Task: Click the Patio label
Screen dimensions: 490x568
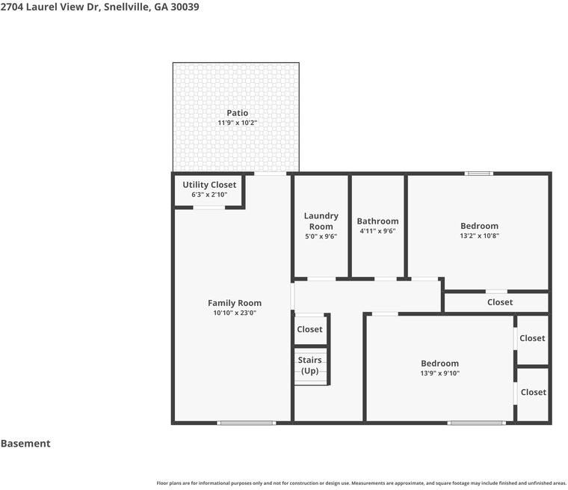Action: point(237,113)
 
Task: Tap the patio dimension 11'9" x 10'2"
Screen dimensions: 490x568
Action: point(237,123)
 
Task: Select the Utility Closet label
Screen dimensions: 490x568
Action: point(209,185)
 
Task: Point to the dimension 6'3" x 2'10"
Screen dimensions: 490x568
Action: point(209,195)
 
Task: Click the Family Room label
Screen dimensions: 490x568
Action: point(234,303)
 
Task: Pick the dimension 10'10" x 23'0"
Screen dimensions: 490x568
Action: point(234,313)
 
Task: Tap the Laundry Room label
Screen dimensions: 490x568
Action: point(321,221)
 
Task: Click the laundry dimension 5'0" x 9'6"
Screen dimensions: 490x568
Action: point(321,236)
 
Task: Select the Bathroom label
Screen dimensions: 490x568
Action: point(377,221)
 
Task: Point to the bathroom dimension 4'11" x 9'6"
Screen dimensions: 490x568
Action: point(377,231)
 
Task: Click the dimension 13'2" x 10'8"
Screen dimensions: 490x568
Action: point(479,236)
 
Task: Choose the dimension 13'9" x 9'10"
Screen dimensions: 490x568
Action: point(439,373)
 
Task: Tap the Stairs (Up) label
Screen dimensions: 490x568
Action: point(309,365)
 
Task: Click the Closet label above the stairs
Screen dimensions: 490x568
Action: point(309,329)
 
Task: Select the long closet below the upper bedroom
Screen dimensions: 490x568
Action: point(499,302)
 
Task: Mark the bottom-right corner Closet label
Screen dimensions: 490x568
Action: point(533,392)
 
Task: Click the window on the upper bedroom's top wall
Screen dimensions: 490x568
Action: point(478,174)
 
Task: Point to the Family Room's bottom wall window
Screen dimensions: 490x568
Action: point(246,423)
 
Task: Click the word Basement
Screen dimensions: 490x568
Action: point(25,444)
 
